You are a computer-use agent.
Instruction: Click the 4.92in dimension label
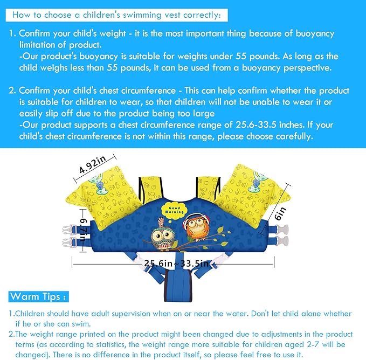point(93,164)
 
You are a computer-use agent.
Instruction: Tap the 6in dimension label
point(280,213)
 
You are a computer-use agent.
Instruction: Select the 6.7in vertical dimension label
point(84,230)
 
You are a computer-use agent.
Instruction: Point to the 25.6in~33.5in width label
point(176,264)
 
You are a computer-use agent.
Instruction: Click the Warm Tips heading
point(38,296)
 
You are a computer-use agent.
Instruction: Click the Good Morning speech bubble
point(174,210)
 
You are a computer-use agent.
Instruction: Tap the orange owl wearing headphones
point(196,226)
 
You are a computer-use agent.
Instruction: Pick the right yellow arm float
point(252,196)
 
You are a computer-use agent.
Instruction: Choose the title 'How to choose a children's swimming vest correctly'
point(116,15)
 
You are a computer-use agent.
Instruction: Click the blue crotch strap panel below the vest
point(178,285)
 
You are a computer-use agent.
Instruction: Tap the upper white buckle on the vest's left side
point(67,230)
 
